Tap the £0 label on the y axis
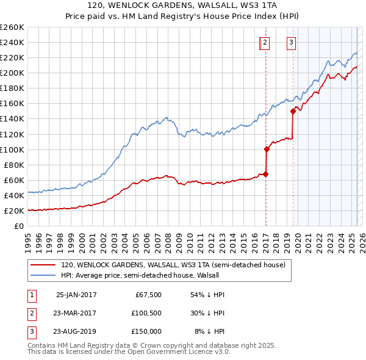click(x=20, y=226)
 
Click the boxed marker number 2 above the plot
click(x=265, y=42)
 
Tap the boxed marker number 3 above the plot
click(x=292, y=42)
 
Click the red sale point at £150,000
click(x=293, y=111)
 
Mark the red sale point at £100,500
click(x=267, y=149)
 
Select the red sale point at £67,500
click(x=266, y=174)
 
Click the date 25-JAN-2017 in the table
click(x=76, y=295)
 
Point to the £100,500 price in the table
click(x=146, y=313)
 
